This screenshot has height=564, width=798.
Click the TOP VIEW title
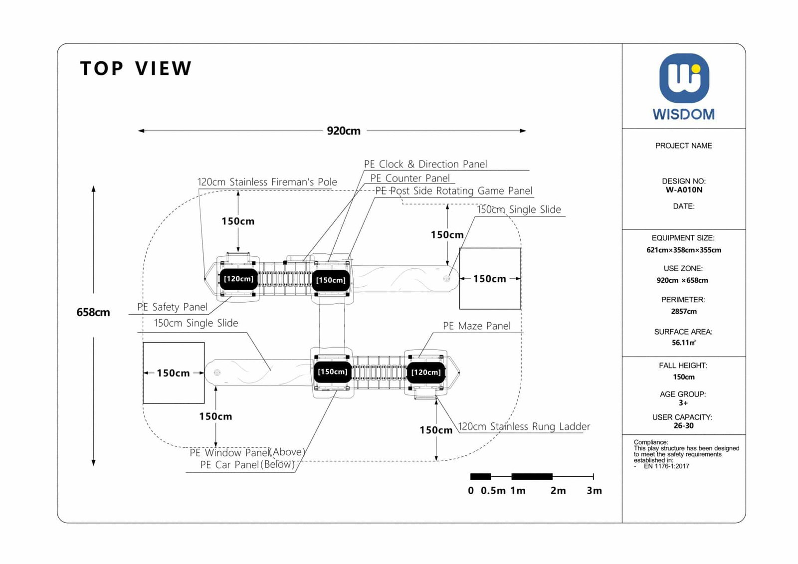coord(136,68)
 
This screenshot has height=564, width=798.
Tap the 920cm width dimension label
coord(344,131)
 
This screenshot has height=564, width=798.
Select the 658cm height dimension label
coord(93,312)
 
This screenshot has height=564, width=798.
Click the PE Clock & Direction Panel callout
coord(425,164)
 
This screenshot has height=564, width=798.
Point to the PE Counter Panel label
coord(410,178)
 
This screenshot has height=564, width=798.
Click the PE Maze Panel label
coord(476,326)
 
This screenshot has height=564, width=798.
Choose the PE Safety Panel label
coord(173,307)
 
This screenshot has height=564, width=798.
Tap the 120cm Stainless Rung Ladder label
coord(524,426)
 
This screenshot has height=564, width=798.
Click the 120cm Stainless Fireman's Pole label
coord(267,182)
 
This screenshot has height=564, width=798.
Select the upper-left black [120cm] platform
coord(238,279)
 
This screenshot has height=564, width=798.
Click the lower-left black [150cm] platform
coord(333,372)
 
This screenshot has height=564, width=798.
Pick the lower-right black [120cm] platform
coord(426,372)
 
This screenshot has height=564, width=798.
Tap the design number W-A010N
coord(684,190)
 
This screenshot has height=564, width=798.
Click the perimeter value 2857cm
coord(684,312)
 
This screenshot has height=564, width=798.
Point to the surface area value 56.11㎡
coord(683,343)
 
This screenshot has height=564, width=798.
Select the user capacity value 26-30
coord(683,426)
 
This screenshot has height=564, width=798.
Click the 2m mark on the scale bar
coord(558,491)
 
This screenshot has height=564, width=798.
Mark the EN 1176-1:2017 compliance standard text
coord(666,466)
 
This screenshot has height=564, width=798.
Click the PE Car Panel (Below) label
coord(247,465)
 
